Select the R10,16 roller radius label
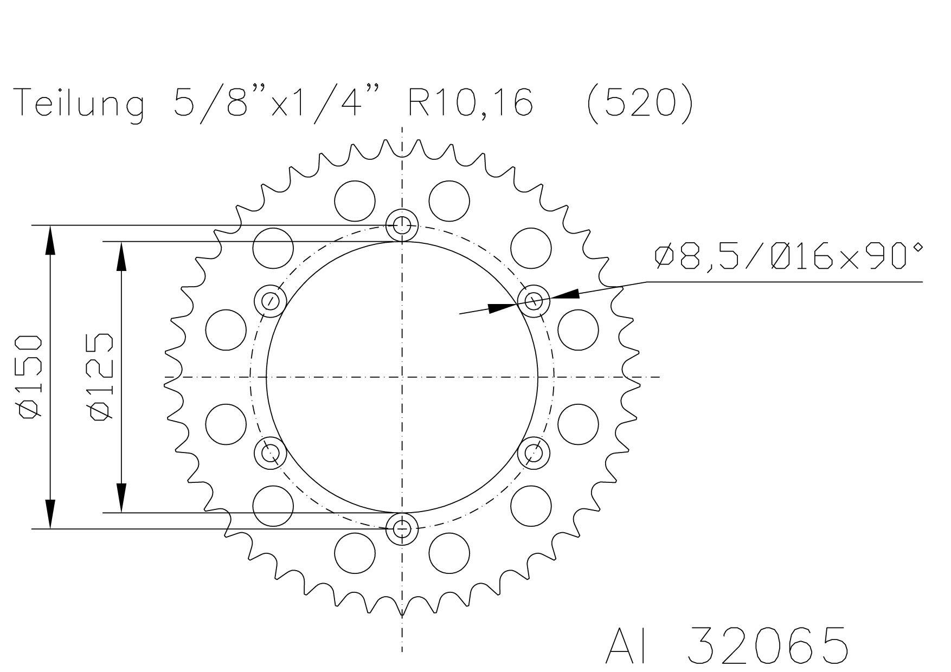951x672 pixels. pyautogui.click(x=470, y=102)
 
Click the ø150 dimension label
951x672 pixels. pyautogui.click(x=30, y=377)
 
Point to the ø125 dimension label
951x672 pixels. pyautogui.click(x=102, y=377)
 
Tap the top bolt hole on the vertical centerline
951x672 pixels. pyautogui.click(x=402, y=224)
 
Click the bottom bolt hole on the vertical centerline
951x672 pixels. pyautogui.click(x=402, y=528)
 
